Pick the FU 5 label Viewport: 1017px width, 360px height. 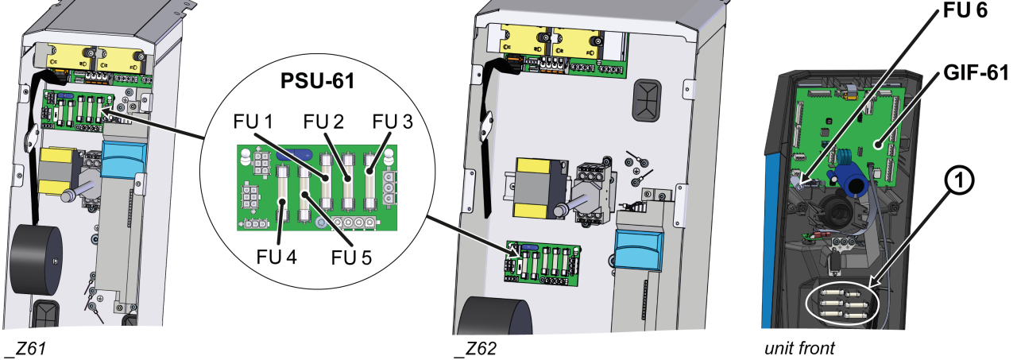click(x=355, y=258)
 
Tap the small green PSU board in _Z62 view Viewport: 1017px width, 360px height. click(x=543, y=261)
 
